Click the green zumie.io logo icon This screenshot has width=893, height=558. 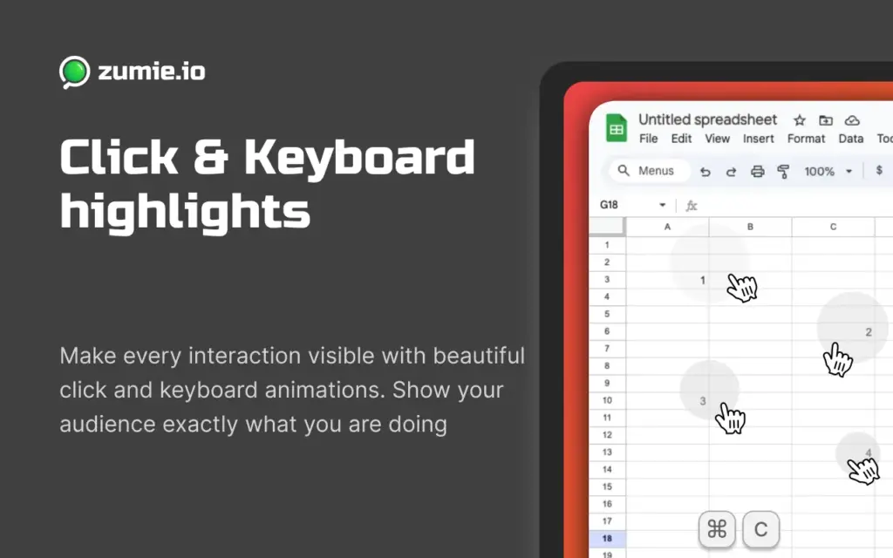74,71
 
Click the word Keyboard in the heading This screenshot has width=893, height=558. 360,158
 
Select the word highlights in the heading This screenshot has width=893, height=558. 184,210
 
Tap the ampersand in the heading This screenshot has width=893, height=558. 211,159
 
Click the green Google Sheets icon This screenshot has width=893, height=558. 617,129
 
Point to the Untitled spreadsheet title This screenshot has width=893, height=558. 707,119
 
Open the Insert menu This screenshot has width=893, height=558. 758,139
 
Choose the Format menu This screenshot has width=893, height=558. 806,139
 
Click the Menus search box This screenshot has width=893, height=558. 649,171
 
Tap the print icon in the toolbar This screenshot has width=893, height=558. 758,171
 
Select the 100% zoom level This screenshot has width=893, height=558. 819,171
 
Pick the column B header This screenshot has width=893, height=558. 750,227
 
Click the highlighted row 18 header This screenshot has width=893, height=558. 607,538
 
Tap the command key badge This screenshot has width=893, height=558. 718,529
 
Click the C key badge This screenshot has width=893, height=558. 760,529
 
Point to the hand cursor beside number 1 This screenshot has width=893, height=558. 741,287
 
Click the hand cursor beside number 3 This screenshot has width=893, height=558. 730,418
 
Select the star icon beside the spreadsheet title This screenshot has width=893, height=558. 798,120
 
